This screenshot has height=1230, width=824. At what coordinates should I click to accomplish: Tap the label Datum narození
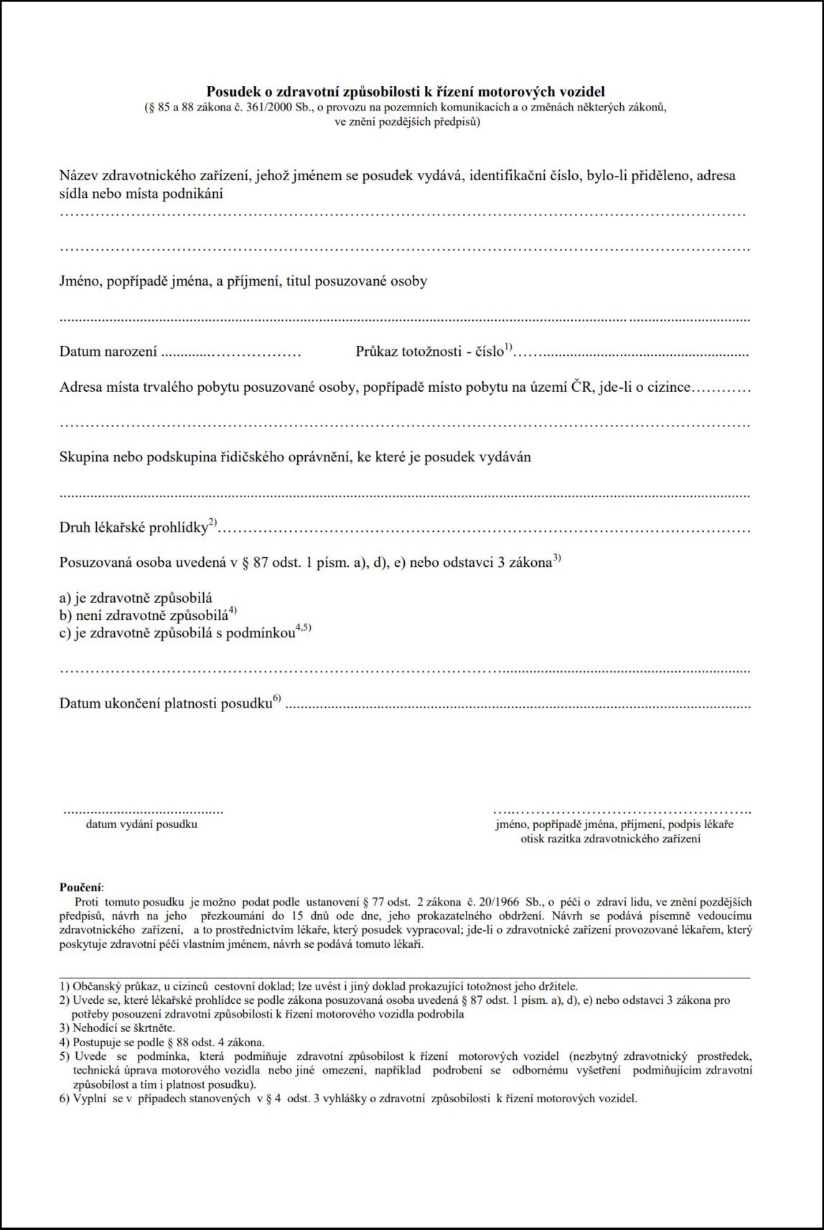(x=108, y=352)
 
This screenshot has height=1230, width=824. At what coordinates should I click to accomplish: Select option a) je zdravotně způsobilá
(x=136, y=598)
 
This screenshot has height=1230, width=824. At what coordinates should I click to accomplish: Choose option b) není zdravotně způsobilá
(x=144, y=615)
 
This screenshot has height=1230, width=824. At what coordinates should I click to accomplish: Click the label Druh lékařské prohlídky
(x=134, y=527)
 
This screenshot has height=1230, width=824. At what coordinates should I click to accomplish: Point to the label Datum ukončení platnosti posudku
(x=166, y=703)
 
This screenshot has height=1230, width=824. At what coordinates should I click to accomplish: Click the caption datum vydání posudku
(x=141, y=825)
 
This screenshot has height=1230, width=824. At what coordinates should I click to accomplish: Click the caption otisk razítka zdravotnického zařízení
(x=610, y=839)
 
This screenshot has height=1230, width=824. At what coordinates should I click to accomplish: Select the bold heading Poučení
(x=80, y=888)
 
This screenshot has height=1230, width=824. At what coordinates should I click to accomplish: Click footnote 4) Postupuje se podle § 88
(x=161, y=1042)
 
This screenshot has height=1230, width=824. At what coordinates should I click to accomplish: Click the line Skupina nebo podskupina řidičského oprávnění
(x=295, y=457)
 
